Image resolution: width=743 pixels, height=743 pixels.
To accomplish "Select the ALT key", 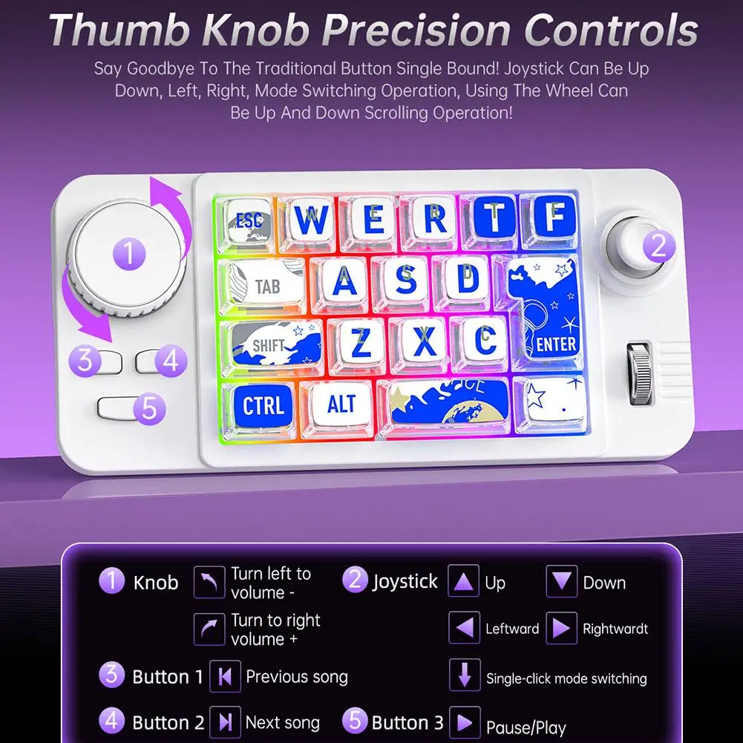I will point(341,405).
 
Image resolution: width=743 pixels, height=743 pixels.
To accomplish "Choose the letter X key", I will point(423,341).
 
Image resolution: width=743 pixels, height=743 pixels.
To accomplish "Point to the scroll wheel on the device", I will point(639,374).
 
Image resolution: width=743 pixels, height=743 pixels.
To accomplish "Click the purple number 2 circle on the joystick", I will point(658,246).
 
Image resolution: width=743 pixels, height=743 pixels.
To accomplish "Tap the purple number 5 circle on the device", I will point(150,408).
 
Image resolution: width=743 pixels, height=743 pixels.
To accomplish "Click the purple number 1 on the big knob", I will point(128,255).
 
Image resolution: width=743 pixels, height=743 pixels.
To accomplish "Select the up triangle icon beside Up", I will point(465,582).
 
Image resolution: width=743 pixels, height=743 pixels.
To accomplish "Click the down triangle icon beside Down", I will point(562,582).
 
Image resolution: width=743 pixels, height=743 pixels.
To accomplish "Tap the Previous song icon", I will point(224,676).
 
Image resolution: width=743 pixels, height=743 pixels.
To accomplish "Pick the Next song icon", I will point(224,722).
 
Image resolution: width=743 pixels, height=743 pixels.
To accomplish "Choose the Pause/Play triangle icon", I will point(465,722).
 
